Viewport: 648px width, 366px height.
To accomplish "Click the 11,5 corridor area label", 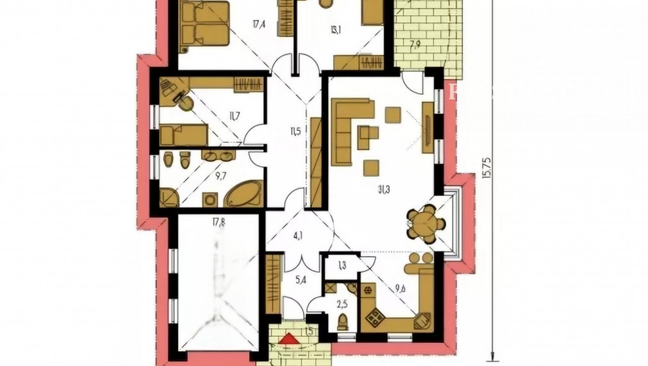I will [x=295, y=132].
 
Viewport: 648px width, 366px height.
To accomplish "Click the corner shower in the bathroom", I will [x=168, y=196].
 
